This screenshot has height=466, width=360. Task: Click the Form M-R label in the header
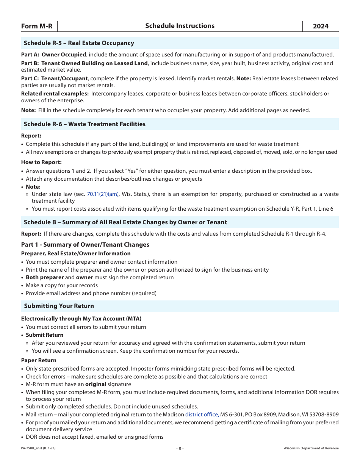[x=37, y=26]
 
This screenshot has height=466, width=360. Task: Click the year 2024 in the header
[x=321, y=26]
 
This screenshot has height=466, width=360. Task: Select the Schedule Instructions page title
[x=180, y=26]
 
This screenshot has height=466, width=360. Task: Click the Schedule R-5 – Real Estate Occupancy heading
[x=79, y=43]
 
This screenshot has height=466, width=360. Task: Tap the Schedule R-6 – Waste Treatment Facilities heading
[x=85, y=124]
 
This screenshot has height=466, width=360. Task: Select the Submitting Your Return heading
[x=59, y=306]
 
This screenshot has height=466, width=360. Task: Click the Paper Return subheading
[x=39, y=360]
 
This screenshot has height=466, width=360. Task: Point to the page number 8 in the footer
[x=180, y=448]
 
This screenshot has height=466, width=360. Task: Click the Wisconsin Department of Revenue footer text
[x=311, y=448]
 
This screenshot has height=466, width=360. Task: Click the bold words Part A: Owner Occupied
[x=54, y=55]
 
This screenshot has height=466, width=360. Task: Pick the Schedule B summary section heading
[x=125, y=222]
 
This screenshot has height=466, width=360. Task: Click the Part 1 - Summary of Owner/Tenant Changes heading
[x=85, y=244]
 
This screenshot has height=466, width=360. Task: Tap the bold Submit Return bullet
[x=44, y=335]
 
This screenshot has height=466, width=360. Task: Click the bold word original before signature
[x=95, y=384]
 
